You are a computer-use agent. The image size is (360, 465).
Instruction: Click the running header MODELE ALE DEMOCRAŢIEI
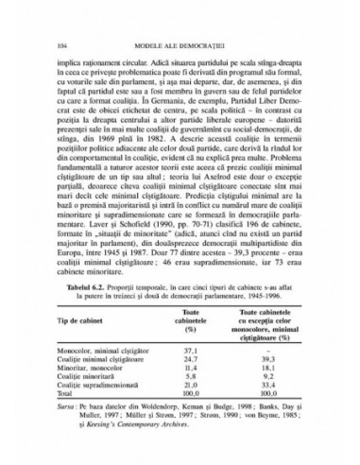pos(180,44)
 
